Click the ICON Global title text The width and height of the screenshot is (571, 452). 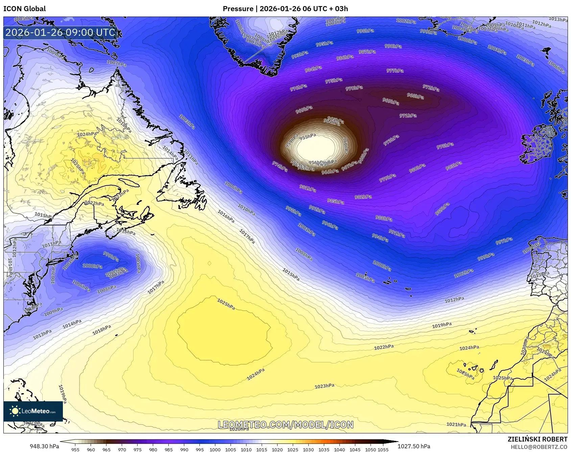pyautogui.click(x=24, y=9)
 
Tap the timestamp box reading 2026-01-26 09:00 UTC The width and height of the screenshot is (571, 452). pyautogui.click(x=61, y=32)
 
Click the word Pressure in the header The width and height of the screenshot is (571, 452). pyautogui.click(x=238, y=9)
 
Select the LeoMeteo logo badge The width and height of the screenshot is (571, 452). pyautogui.click(x=33, y=411)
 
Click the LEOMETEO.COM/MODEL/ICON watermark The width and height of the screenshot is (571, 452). pyautogui.click(x=286, y=425)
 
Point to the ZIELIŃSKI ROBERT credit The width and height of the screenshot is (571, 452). pyautogui.click(x=537, y=439)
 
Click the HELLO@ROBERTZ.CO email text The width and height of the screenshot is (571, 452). pyautogui.click(x=539, y=447)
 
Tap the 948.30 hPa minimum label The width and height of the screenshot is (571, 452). pyautogui.click(x=44, y=446)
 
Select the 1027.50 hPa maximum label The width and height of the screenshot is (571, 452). pyautogui.click(x=414, y=446)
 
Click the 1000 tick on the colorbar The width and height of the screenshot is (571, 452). pyautogui.click(x=215, y=450)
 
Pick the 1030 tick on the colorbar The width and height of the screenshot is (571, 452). pyautogui.click(x=308, y=450)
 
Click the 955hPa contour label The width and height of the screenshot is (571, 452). pyautogui.click(x=308, y=136)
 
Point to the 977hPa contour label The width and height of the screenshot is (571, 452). pyautogui.click(x=395, y=71)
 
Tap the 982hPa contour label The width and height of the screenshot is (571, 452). pyautogui.click(x=363, y=197)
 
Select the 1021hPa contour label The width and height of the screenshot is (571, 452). pyautogui.click(x=456, y=424)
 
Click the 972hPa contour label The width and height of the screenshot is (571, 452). pyautogui.click(x=431, y=88)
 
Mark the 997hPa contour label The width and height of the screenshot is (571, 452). pyautogui.click(x=504, y=241)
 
